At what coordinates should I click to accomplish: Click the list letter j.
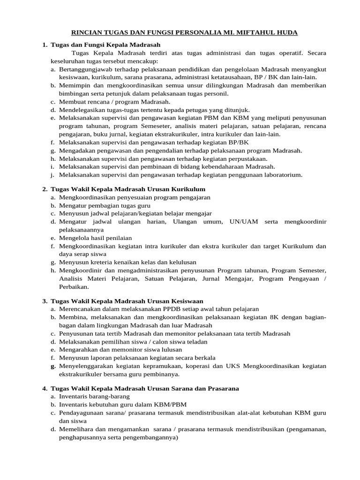[53, 175]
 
